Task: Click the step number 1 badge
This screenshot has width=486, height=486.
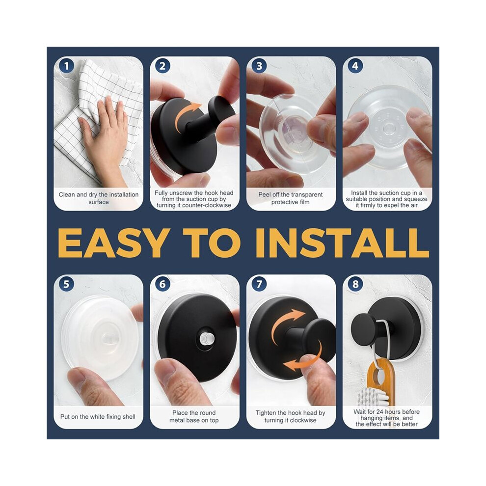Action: [66, 66]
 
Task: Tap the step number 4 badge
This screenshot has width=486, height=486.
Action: [355, 66]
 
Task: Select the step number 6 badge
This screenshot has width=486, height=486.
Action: [162, 284]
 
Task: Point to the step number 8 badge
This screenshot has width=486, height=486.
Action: [355, 284]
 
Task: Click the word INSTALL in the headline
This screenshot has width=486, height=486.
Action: [342, 243]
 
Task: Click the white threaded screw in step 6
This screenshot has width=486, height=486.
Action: [205, 338]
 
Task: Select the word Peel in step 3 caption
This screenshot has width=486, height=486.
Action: [265, 195]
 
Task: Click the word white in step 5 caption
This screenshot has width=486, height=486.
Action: [97, 417]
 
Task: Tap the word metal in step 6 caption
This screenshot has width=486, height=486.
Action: [177, 420]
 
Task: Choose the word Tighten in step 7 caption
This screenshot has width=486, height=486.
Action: [266, 413]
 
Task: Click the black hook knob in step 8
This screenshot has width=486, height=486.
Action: [363, 329]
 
